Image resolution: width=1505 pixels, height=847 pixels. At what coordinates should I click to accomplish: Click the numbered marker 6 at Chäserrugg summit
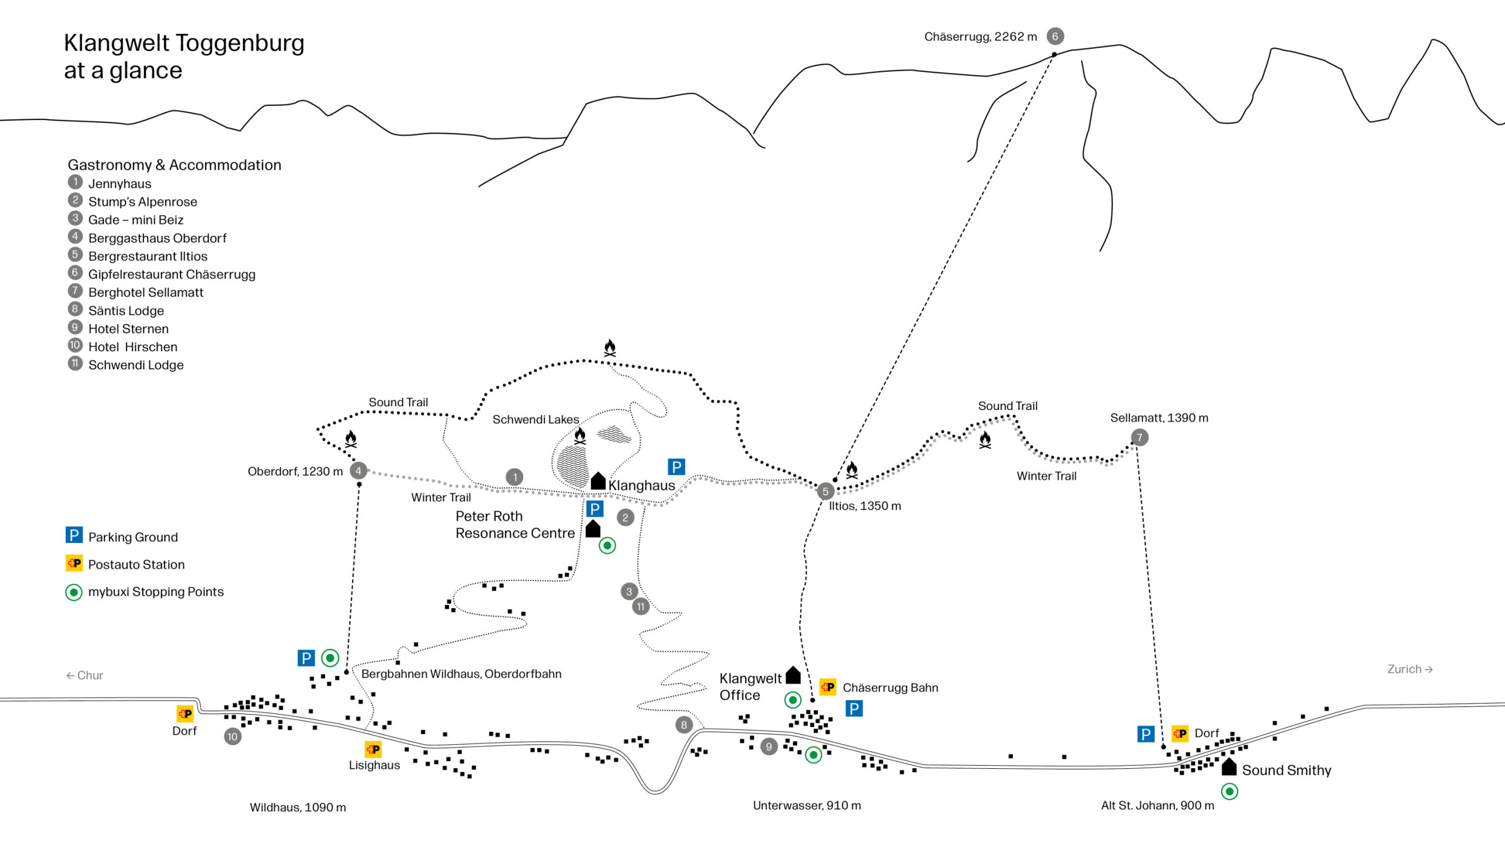click(x=1055, y=36)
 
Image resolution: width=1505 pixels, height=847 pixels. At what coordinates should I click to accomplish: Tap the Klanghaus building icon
click(x=598, y=481)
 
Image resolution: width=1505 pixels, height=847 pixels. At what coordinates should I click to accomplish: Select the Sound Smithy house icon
click(x=1229, y=766)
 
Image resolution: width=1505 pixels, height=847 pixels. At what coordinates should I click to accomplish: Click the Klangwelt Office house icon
click(x=793, y=675)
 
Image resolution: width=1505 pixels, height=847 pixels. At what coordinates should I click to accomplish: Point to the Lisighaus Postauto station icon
click(x=373, y=749)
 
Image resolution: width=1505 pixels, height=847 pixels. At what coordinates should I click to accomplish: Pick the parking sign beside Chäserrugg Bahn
click(x=854, y=709)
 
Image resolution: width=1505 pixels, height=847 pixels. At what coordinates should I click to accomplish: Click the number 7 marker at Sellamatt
click(x=1139, y=437)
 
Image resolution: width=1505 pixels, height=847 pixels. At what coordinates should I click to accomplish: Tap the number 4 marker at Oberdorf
click(x=358, y=471)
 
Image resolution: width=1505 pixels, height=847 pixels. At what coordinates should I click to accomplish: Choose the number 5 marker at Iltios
click(x=825, y=491)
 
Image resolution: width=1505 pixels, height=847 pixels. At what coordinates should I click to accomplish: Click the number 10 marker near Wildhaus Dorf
click(x=232, y=736)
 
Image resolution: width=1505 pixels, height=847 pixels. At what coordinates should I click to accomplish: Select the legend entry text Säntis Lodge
click(x=126, y=311)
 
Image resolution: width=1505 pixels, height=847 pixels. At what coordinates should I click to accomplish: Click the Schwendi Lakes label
click(x=536, y=419)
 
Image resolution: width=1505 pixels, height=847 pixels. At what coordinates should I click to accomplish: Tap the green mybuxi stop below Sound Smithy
click(x=1229, y=791)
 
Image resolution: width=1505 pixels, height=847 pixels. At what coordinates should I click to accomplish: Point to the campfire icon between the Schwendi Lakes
click(x=580, y=436)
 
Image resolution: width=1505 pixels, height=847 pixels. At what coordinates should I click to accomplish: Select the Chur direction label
click(x=85, y=675)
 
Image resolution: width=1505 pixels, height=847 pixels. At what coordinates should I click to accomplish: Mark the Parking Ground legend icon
click(x=74, y=535)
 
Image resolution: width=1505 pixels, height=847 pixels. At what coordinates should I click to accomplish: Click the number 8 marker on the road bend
click(x=684, y=725)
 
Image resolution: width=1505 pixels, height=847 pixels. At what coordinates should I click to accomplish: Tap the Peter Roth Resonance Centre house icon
click(x=593, y=529)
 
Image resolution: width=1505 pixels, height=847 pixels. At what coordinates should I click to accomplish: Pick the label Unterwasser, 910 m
click(x=807, y=805)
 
